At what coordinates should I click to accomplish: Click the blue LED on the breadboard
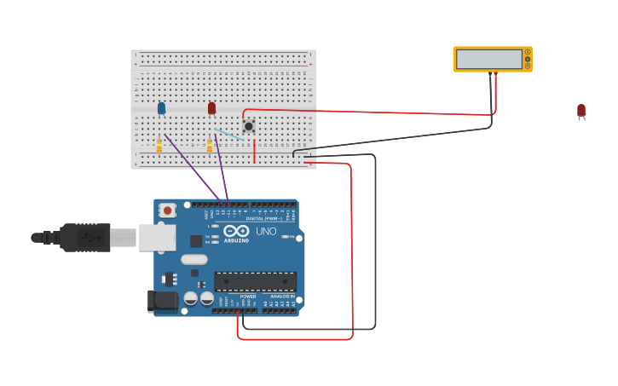click(x=161, y=107)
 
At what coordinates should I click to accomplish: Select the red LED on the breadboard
click(x=211, y=107)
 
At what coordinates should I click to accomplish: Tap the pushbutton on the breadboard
click(x=248, y=126)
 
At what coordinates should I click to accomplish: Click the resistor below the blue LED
click(x=159, y=146)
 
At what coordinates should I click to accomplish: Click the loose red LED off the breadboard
click(x=581, y=111)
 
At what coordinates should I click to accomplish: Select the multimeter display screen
click(x=488, y=59)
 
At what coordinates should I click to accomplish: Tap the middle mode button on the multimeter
click(x=528, y=59)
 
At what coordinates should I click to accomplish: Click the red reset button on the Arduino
click(x=168, y=210)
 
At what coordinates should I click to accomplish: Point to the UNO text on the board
click(x=266, y=231)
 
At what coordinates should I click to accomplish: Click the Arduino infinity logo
click(x=236, y=231)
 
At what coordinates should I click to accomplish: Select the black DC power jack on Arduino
click(x=162, y=301)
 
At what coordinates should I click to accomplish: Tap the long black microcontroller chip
click(x=255, y=281)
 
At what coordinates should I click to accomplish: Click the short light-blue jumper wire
click(x=228, y=134)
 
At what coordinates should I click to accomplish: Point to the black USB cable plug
click(x=84, y=238)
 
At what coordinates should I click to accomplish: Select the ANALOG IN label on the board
click(x=281, y=297)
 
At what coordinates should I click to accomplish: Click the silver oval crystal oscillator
click(x=193, y=259)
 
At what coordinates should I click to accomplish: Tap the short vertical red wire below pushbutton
click(x=254, y=151)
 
